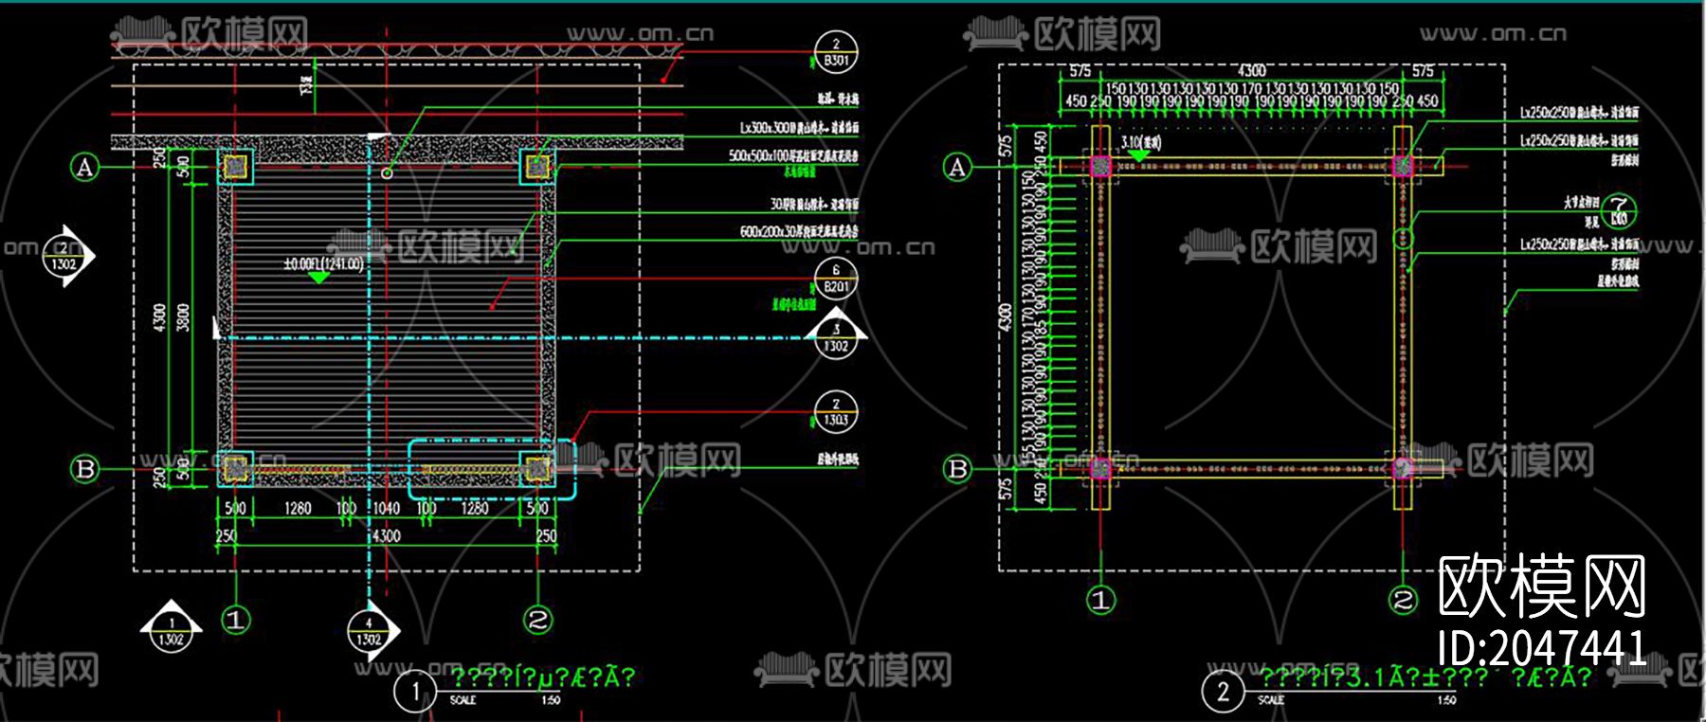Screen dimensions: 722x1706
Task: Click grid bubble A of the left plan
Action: pos(85,168)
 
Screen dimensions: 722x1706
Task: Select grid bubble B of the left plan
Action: pos(85,469)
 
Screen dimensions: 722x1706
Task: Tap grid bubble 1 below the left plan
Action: pos(236,621)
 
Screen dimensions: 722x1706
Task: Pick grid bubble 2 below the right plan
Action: pos(1403,600)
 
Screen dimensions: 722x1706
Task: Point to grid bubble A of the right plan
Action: pos(957,168)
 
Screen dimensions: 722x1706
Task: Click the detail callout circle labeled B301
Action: pos(836,53)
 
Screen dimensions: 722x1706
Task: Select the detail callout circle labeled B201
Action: pos(836,280)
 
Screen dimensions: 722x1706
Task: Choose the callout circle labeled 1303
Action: pos(836,412)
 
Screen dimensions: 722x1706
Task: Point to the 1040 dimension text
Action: pos(386,509)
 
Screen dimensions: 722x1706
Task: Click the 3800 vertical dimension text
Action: pos(183,317)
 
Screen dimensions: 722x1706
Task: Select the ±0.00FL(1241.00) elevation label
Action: pos(323,263)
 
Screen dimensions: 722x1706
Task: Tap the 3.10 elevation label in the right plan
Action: pos(1140,143)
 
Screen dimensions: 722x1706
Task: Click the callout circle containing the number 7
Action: pos(1619,211)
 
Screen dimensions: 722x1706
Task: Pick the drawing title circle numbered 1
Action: pos(414,691)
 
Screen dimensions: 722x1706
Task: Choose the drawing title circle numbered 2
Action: pos(1223,691)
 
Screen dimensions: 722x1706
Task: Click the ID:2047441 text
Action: pos(1542,649)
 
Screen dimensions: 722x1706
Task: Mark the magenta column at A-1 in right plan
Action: pos(1100,167)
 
